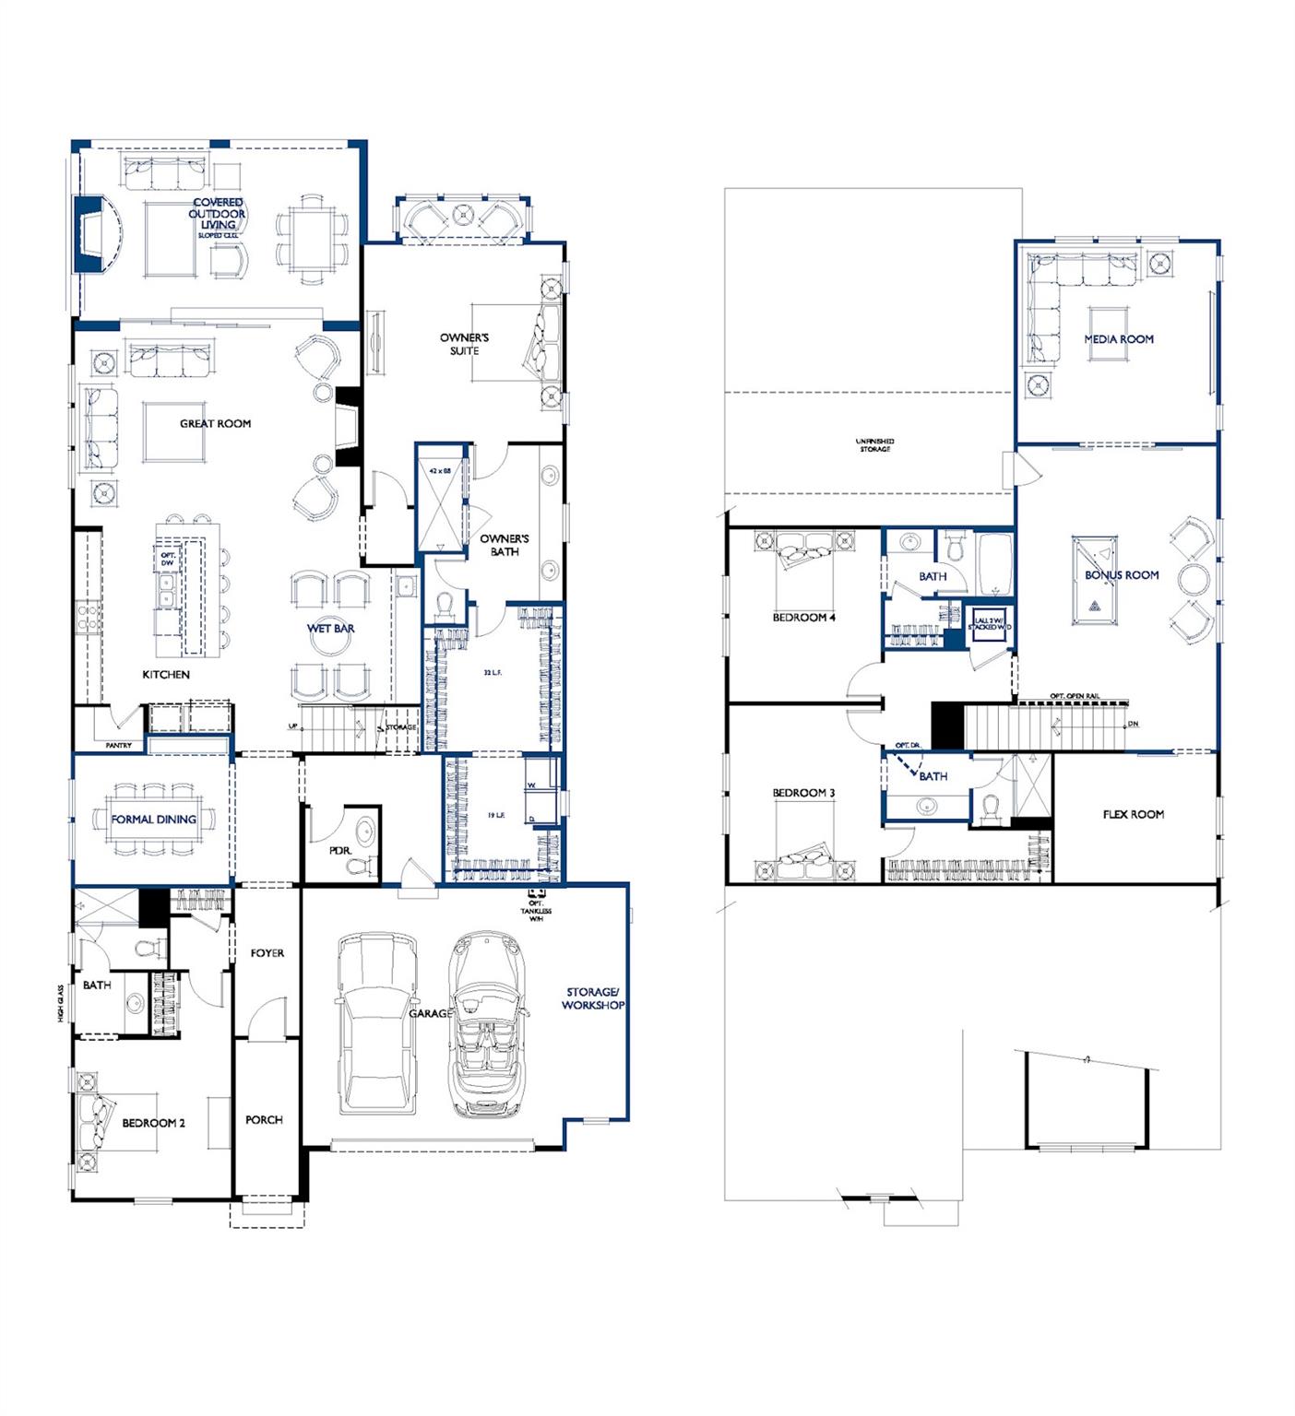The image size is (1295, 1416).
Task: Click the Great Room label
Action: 215,423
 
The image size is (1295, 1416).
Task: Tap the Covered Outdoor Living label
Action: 218,215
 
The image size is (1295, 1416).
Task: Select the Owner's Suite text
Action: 464,344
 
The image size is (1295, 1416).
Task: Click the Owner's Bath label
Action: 505,545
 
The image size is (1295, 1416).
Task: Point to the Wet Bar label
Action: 330,629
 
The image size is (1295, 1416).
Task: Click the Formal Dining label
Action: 153,819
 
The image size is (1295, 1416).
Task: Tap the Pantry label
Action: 119,745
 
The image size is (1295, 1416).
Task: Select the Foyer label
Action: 267,953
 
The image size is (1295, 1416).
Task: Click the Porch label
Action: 264,1119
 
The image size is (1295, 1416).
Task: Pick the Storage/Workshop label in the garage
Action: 593,998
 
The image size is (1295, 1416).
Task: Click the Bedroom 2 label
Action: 153,1123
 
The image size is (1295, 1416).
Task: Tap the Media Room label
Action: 1119,339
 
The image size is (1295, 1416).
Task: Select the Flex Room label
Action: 1133,814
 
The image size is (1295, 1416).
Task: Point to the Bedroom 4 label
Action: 803,617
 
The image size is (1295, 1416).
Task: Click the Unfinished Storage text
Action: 874,445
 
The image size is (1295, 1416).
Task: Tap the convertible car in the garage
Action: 486,1023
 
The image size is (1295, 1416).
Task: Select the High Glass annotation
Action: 59,1002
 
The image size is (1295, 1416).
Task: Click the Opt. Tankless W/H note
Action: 536,909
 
